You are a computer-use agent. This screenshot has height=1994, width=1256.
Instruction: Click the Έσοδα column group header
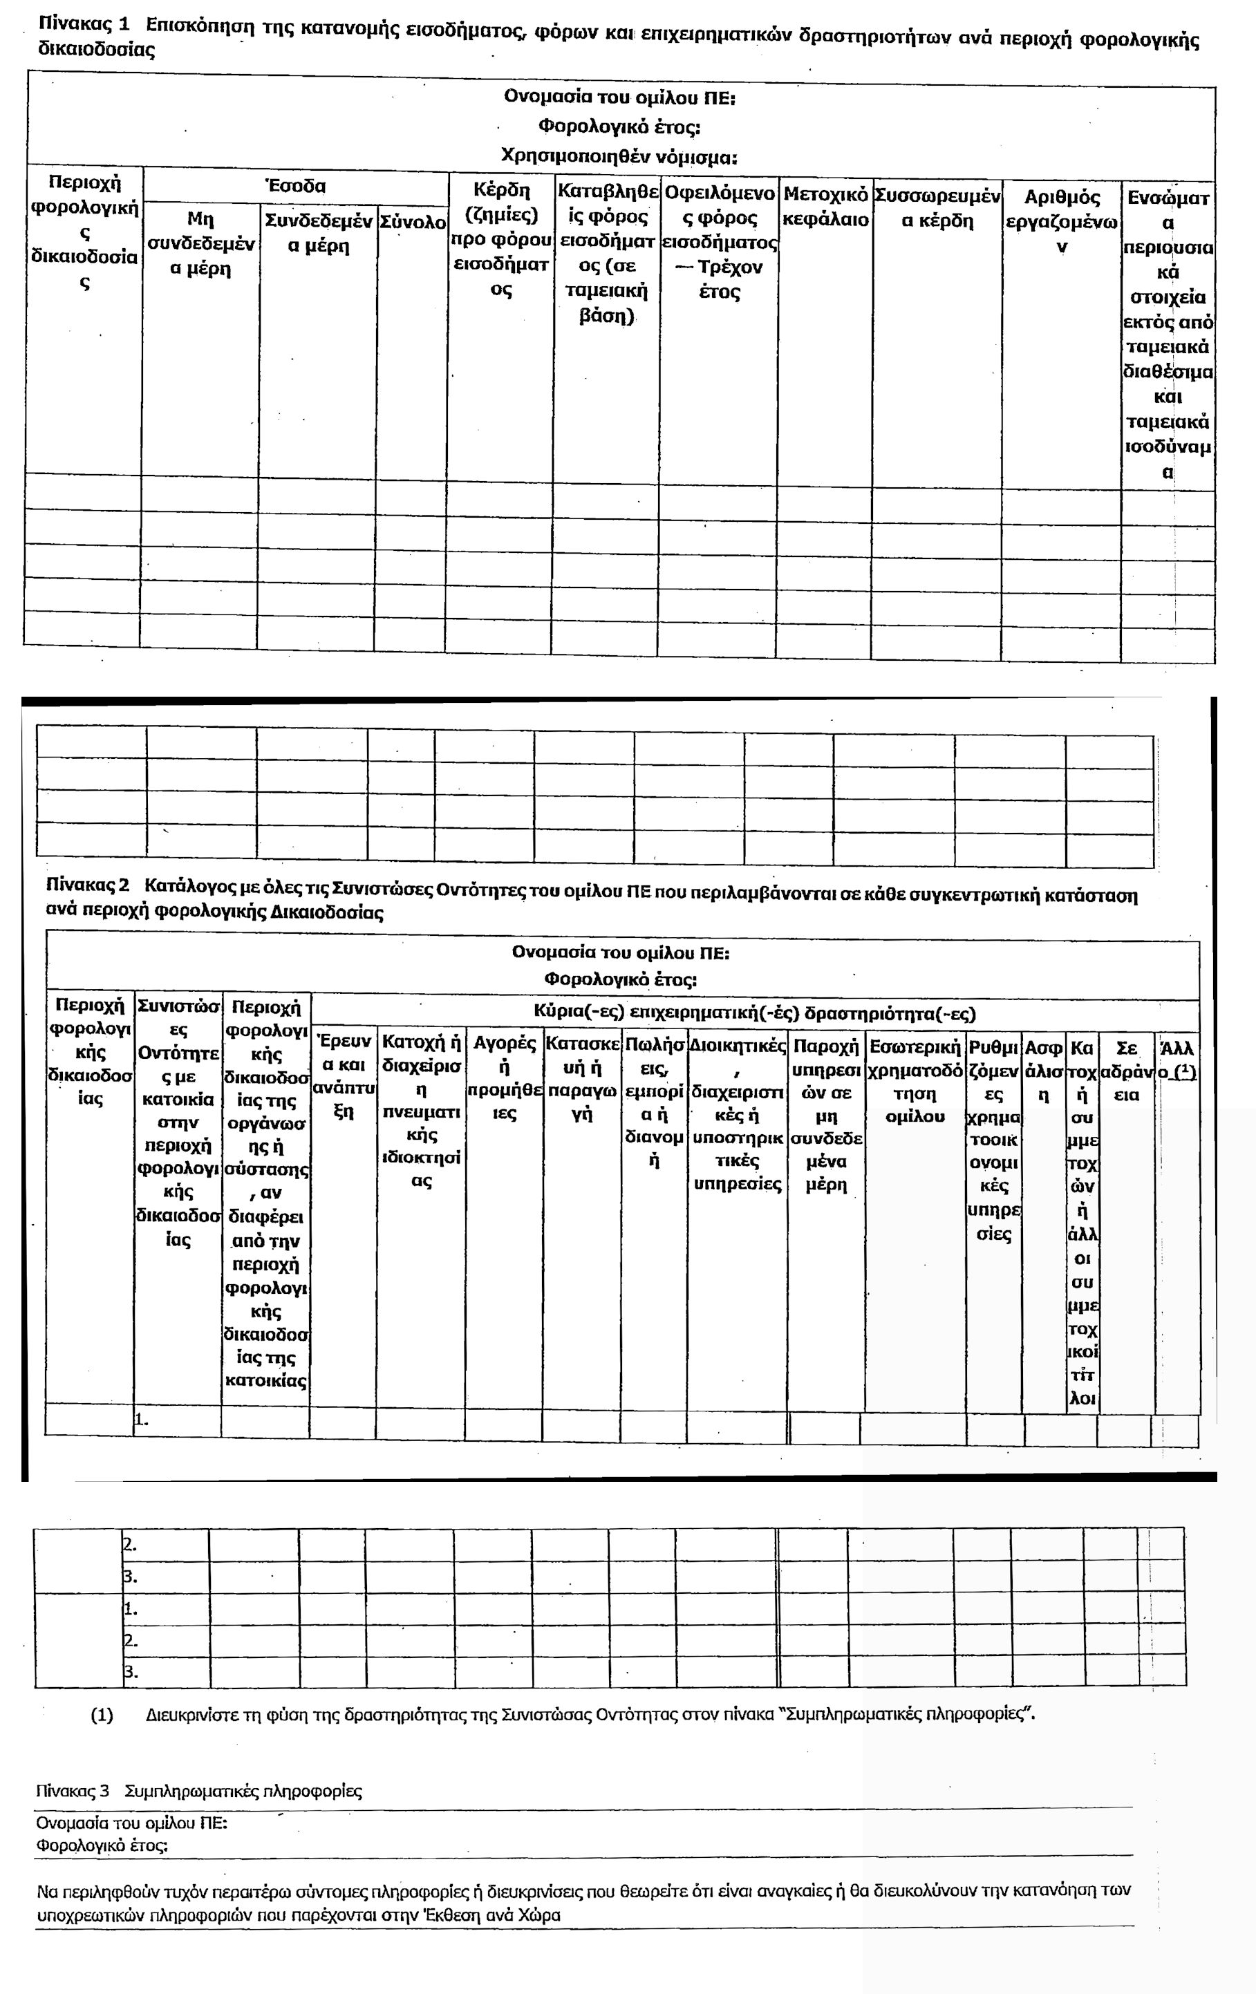[x=296, y=187]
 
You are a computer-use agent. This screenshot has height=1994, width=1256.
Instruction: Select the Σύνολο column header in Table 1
[x=412, y=222]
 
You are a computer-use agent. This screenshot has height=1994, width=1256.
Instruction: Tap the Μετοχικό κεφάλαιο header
[x=825, y=207]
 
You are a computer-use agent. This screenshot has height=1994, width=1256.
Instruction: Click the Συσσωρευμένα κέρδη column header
[x=937, y=208]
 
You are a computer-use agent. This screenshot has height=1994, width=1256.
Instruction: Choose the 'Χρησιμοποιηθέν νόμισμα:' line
[x=619, y=156]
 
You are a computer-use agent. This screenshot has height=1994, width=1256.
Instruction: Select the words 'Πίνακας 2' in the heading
[x=88, y=885]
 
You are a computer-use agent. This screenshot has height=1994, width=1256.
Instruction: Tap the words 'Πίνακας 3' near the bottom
[x=73, y=1791]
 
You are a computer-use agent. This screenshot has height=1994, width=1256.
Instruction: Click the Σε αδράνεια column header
[x=1127, y=1071]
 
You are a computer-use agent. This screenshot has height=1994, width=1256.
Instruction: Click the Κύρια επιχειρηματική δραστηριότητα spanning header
[x=754, y=1013]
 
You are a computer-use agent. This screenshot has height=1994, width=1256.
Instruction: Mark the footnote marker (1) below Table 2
[x=102, y=1715]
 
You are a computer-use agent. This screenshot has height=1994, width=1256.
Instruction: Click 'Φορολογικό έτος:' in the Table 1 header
[x=619, y=126]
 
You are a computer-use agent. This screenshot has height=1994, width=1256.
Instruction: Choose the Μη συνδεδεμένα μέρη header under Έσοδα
[x=200, y=243]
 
